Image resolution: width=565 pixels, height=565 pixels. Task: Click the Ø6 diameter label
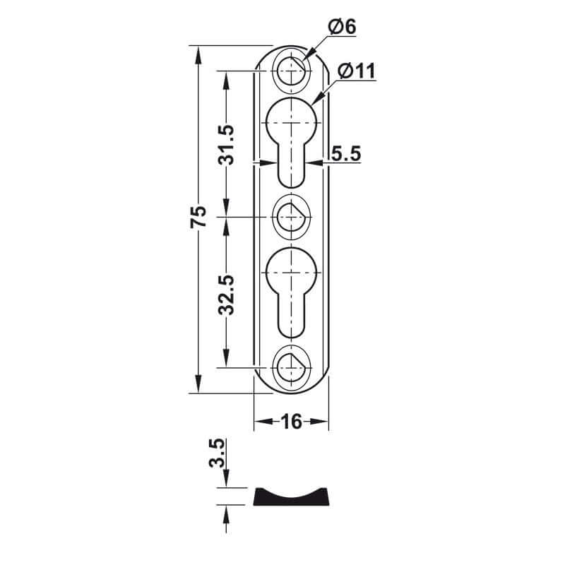(342, 27)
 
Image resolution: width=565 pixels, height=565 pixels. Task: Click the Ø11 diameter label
(355, 71)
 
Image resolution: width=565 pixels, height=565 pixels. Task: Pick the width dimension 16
(291, 422)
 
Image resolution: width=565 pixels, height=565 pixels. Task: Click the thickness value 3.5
(218, 453)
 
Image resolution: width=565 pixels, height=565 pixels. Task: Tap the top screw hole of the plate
(290, 69)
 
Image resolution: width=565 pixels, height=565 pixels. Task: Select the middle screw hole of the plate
(290, 216)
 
